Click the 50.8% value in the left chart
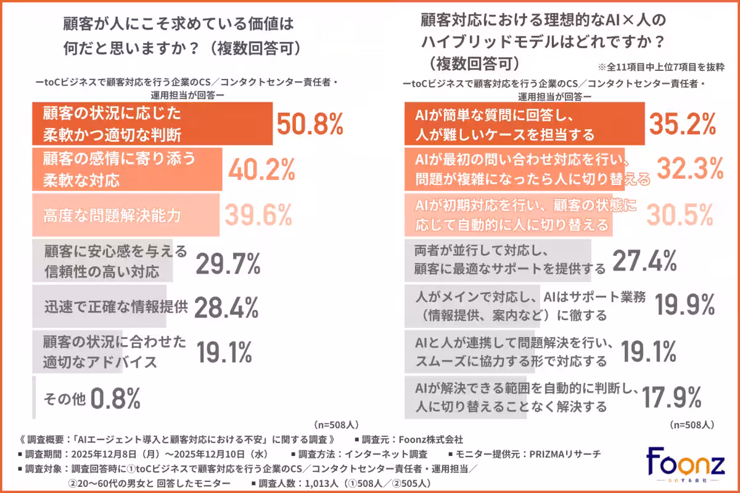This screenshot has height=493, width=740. [x=309, y=124]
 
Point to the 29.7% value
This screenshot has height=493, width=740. [x=228, y=263]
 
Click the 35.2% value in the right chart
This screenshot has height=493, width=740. [x=682, y=124]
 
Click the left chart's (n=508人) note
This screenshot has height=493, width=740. [x=335, y=425]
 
